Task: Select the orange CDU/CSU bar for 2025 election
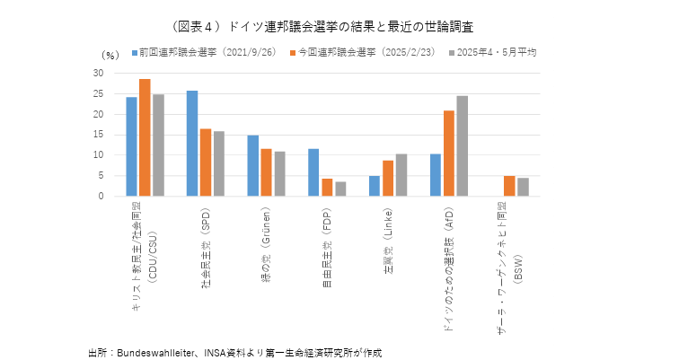click(x=145, y=137)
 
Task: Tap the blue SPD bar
click(x=191, y=144)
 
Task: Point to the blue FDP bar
click(x=313, y=172)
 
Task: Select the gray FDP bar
click(x=340, y=189)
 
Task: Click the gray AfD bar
click(x=462, y=145)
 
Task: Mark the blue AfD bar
click(x=435, y=175)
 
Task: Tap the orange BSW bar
click(x=508, y=186)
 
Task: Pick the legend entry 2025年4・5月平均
click(x=497, y=53)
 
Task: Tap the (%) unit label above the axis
click(x=109, y=56)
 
